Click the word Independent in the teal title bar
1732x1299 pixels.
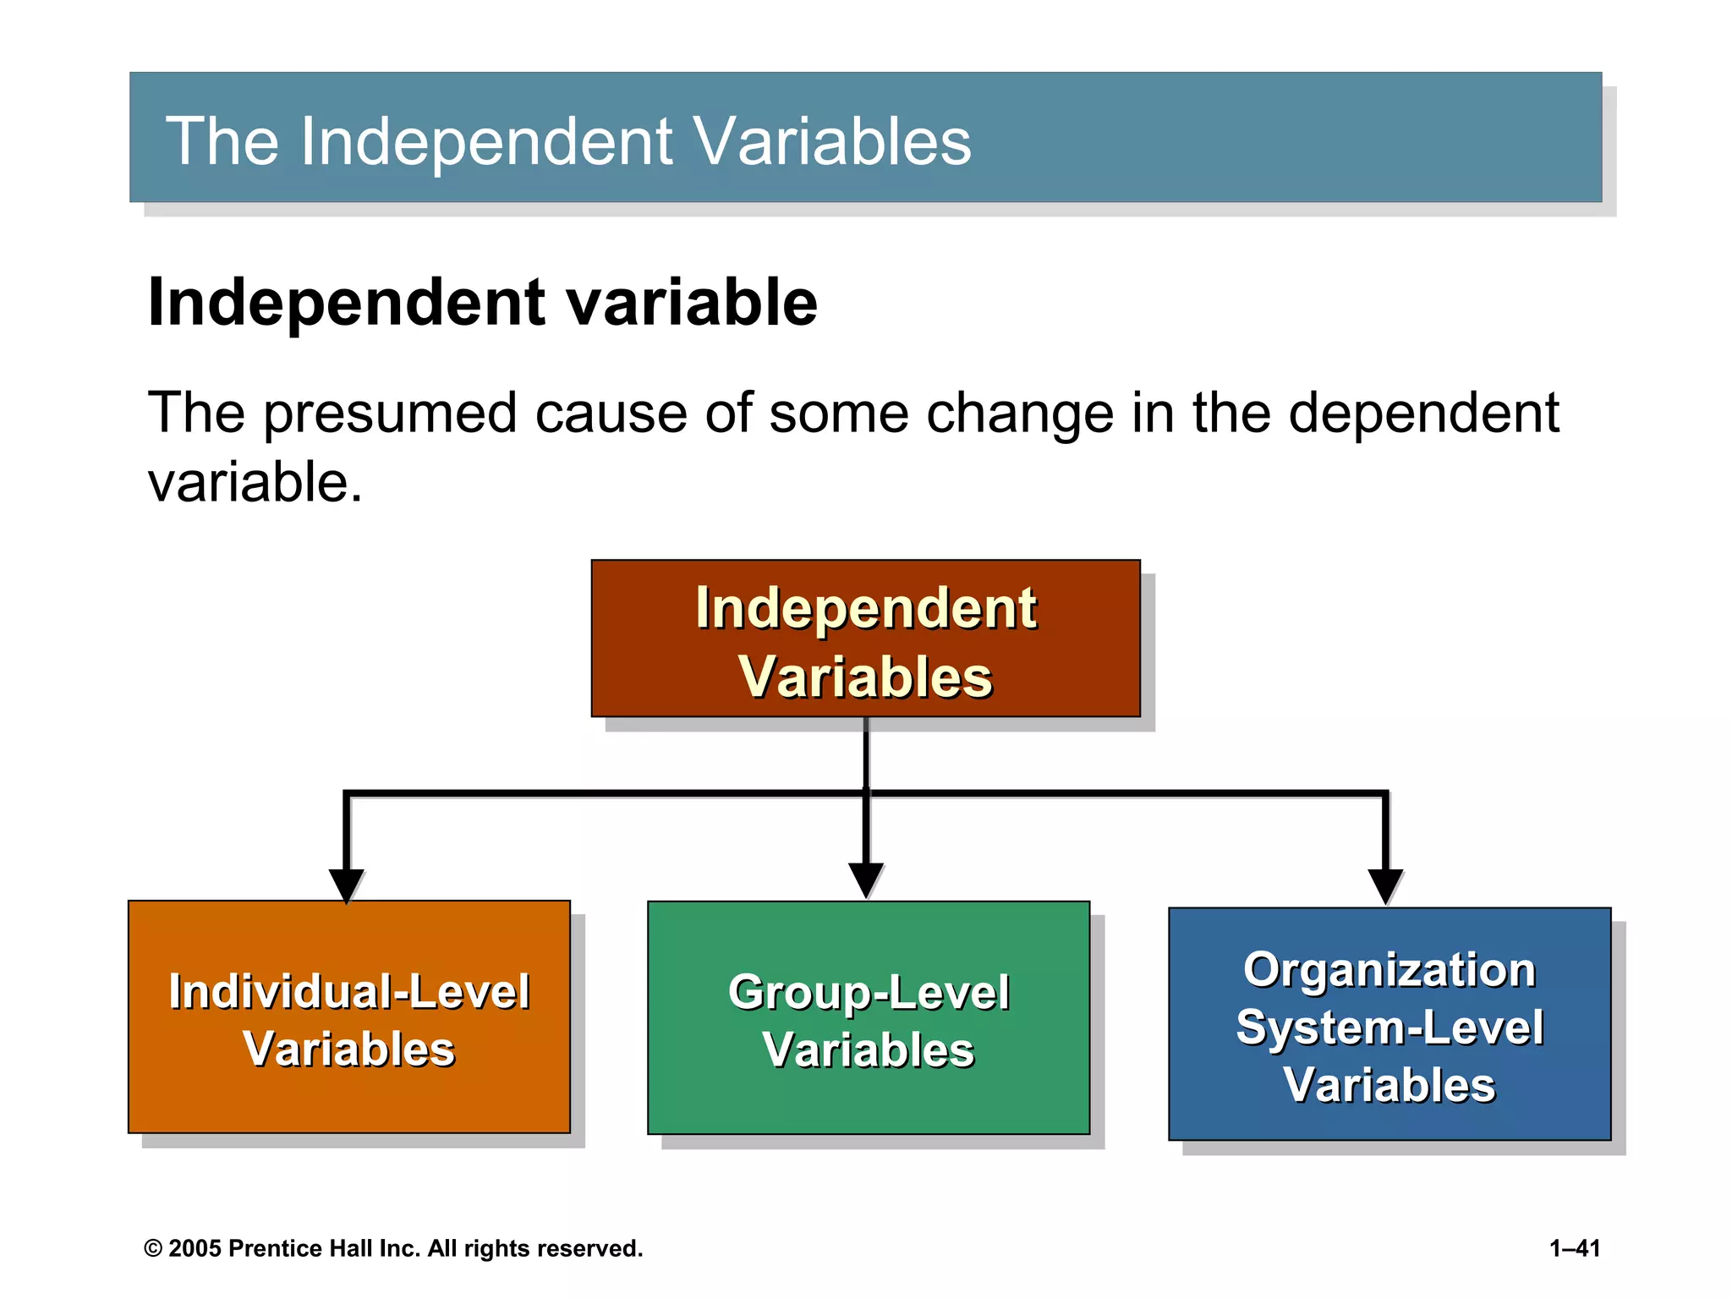tap(486, 141)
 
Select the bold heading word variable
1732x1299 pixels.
tap(692, 302)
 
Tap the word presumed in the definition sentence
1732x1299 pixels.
tap(390, 413)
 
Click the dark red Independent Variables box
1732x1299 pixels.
tap(865, 639)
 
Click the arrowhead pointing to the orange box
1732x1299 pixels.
tap(347, 885)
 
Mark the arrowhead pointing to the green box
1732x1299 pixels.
tap(866, 880)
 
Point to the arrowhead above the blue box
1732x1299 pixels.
tap(1385, 885)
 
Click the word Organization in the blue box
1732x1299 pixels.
tap(1389, 969)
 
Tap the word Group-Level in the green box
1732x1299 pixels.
tap(869, 992)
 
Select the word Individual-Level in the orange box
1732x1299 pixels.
tap(348, 991)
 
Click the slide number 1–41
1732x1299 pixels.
tap(1575, 1248)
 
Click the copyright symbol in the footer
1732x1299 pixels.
tap(153, 1249)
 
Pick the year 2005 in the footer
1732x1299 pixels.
tap(195, 1248)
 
